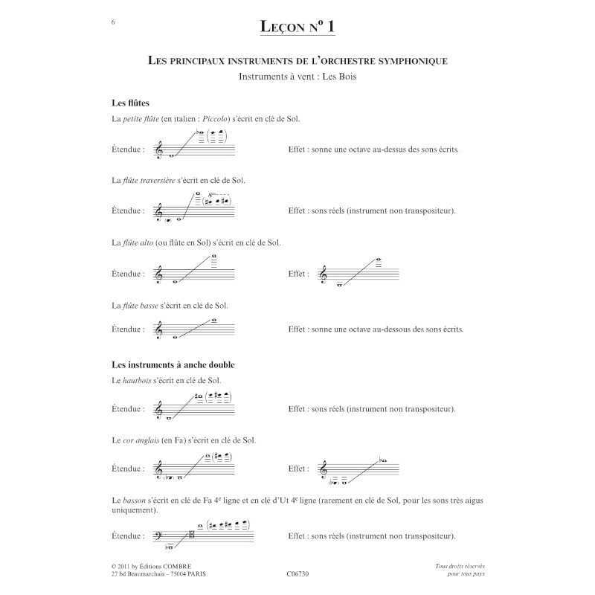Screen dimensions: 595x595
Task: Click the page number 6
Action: tap(112, 22)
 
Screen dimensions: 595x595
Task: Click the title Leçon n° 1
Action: tap(297, 27)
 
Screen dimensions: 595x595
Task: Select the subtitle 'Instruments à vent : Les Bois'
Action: tap(297, 77)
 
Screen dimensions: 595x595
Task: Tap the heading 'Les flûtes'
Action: tap(132, 103)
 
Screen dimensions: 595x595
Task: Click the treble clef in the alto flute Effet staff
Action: tap(323, 274)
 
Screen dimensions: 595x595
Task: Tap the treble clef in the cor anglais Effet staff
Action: tap(323, 469)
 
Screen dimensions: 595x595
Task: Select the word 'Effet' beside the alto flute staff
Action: tap(297, 274)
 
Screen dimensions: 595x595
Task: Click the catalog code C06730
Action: tap(297, 574)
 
